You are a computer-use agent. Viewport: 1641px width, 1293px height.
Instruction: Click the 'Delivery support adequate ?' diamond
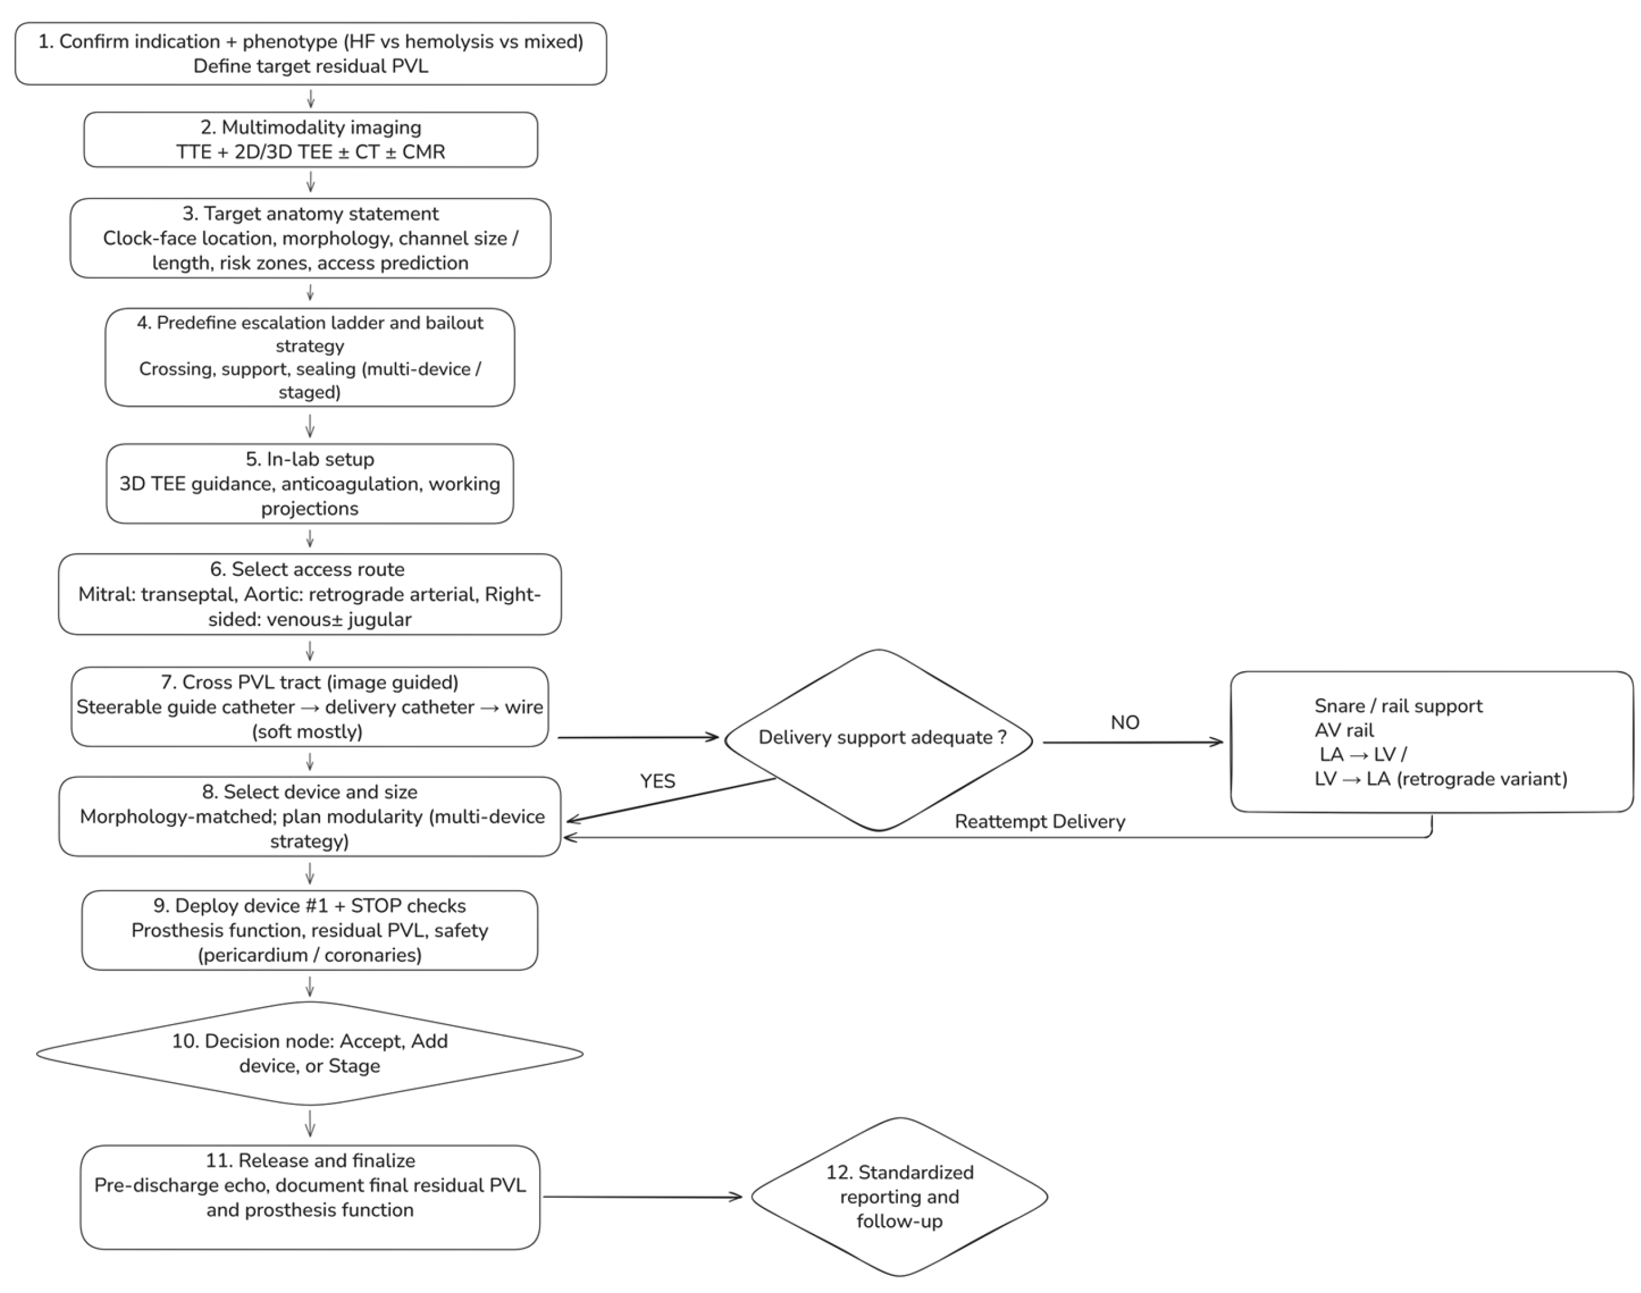(x=878, y=738)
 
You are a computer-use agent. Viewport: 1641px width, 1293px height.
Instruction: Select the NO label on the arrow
(x=1124, y=722)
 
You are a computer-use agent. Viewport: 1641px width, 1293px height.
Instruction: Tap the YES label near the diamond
(x=657, y=781)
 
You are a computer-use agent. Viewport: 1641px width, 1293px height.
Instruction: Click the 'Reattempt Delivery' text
(x=1039, y=821)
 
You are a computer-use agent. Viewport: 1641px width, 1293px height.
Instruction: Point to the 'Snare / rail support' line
(x=1397, y=706)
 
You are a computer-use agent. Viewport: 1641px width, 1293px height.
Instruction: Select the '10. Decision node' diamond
(x=309, y=1053)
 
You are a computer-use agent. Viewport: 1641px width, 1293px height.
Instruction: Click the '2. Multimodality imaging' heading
(x=311, y=127)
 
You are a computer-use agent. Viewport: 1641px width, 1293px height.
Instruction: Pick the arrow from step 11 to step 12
(x=642, y=1197)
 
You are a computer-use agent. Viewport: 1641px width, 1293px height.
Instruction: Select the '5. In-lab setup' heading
(x=309, y=459)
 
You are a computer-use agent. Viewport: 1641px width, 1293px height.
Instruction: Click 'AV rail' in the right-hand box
(x=1344, y=730)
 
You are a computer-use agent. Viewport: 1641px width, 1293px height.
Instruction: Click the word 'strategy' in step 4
(x=309, y=346)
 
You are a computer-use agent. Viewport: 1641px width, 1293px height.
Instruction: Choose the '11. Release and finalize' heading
(x=309, y=1160)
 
